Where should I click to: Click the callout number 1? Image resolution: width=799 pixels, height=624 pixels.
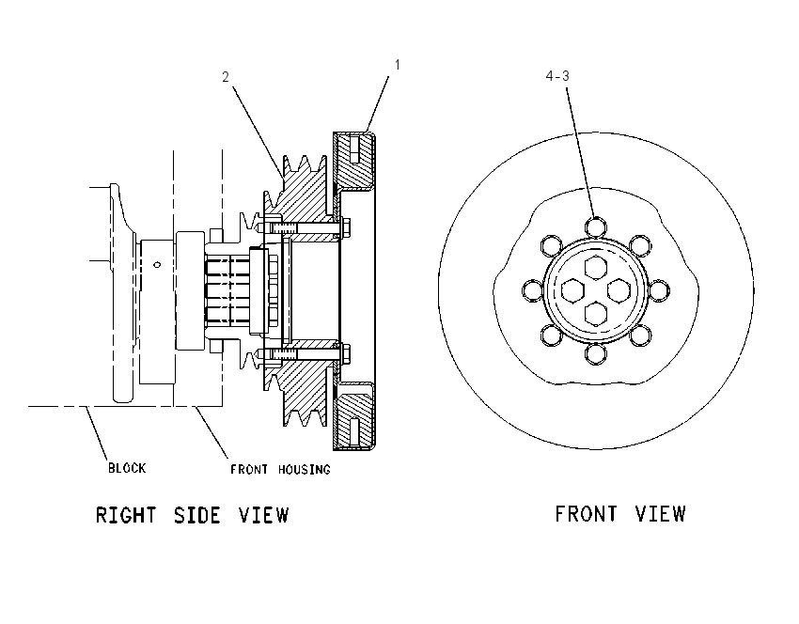point(398,65)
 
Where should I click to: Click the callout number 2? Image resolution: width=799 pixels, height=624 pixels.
point(226,77)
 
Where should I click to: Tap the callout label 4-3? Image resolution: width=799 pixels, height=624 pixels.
point(557,76)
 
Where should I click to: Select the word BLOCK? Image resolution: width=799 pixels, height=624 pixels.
point(127,468)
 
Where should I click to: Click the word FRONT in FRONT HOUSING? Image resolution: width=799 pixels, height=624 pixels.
point(249,469)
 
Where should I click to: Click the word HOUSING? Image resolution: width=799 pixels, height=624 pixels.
point(305,469)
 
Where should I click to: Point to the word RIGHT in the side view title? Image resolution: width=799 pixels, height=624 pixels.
point(126,515)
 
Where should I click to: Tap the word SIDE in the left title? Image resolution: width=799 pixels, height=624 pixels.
point(197,515)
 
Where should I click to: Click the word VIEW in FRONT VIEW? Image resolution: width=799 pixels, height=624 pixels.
point(661,513)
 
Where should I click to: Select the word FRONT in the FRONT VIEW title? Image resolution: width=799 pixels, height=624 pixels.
point(586,513)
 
